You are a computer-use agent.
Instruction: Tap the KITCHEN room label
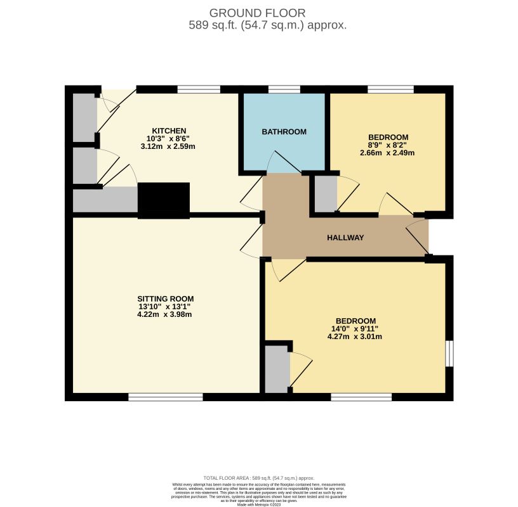tap(168, 131)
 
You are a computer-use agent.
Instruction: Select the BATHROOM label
tap(284, 132)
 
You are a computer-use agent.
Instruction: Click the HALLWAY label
tap(345, 238)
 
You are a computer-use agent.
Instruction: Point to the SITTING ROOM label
tap(165, 298)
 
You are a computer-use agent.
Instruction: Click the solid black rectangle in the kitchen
tap(164, 200)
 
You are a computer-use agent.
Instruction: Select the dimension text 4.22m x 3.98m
tap(165, 314)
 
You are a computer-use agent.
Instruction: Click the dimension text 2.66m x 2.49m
tap(388, 153)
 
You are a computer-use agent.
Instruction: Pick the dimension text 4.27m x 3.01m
tap(355, 337)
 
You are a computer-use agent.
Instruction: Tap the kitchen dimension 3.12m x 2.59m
tap(168, 146)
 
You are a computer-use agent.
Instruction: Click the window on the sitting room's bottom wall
tap(165, 397)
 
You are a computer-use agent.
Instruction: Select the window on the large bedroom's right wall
tap(449, 354)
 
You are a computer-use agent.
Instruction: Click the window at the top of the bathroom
tap(284, 89)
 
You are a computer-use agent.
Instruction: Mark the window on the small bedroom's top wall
tap(390, 89)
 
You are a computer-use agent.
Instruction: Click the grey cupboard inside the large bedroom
tap(277, 369)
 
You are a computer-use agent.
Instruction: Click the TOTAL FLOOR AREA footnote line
tap(258, 478)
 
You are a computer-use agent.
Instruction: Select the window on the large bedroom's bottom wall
tap(361, 397)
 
